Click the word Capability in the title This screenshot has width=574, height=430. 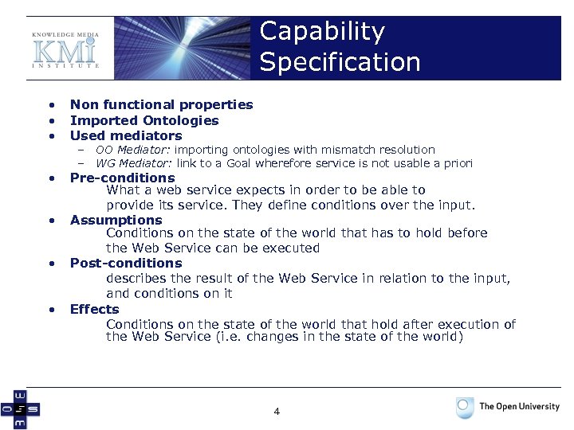[x=322, y=32]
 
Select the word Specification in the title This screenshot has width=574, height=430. [x=340, y=62]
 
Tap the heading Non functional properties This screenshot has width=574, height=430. [x=161, y=104]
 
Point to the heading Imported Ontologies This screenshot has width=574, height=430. [x=144, y=120]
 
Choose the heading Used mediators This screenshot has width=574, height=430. [x=126, y=135]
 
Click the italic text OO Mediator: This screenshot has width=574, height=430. [x=133, y=150]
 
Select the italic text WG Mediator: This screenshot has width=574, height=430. [x=134, y=163]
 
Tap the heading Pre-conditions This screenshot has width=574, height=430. [x=122, y=178]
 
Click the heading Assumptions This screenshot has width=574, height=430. [x=116, y=220]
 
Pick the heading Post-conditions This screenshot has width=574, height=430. [x=126, y=263]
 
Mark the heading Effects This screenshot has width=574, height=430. [x=94, y=309]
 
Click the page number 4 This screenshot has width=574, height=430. [x=277, y=412]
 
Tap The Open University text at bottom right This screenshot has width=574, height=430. [x=519, y=406]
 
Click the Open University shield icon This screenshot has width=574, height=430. [x=465, y=408]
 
